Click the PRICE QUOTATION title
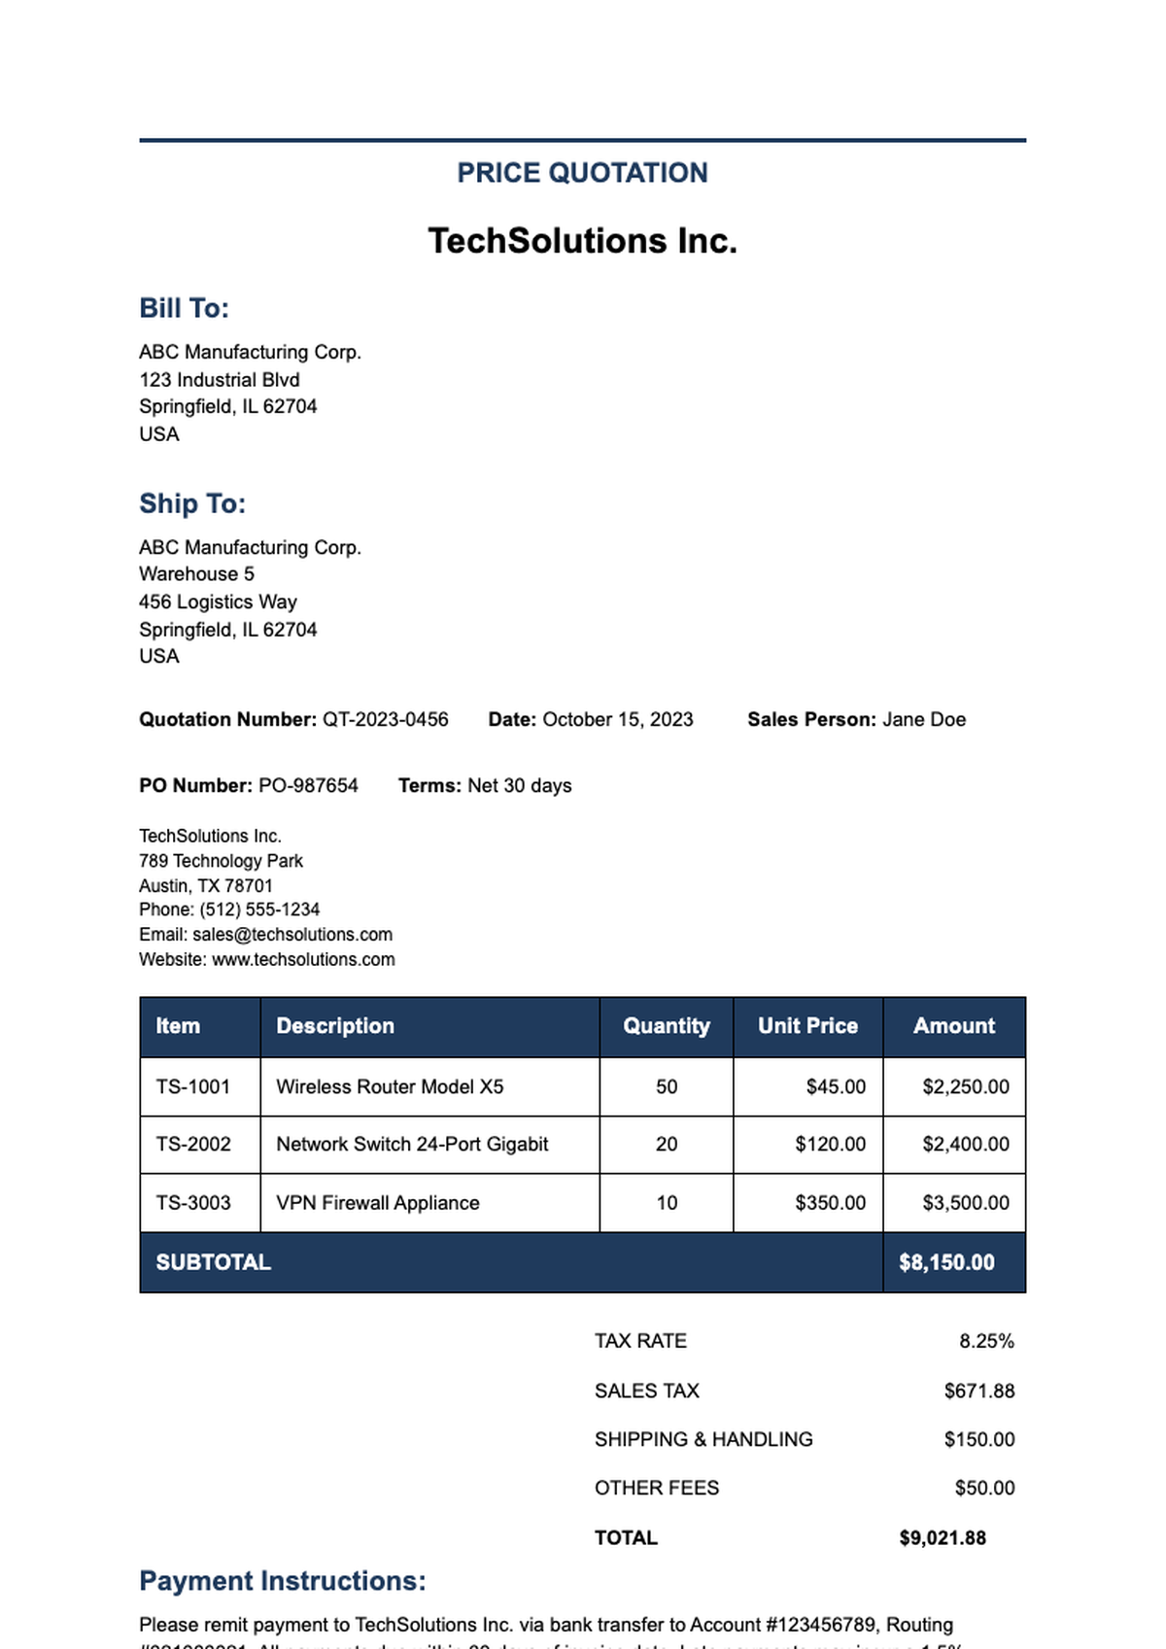(582, 173)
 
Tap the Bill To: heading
(184, 308)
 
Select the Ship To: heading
(192, 503)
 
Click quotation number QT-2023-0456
(386, 720)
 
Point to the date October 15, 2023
(618, 720)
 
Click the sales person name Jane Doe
(924, 720)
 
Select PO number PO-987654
(308, 786)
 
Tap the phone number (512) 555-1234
(259, 910)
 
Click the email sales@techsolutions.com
(292, 935)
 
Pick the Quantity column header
(667, 1026)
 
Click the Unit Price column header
(807, 1026)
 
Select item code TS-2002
(193, 1145)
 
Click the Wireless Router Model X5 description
(390, 1087)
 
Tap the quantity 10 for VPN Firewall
(667, 1203)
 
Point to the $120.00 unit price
(831, 1145)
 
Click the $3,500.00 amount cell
(966, 1203)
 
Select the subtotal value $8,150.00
(946, 1262)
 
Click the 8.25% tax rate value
(986, 1342)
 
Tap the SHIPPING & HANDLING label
(703, 1440)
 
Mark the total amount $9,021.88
(943, 1538)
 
